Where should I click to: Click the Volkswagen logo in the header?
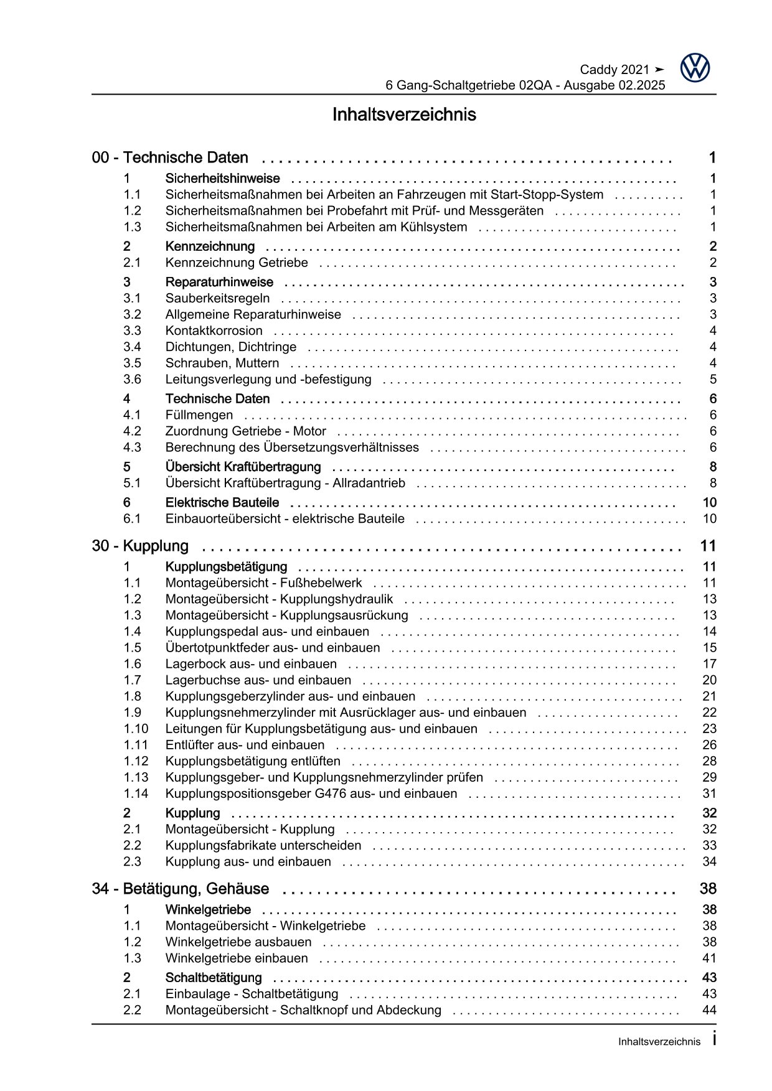point(695,67)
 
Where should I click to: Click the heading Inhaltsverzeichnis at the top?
point(404,115)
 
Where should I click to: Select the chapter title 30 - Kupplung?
point(140,546)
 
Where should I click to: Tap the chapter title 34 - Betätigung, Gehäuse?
point(181,889)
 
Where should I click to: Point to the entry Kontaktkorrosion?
point(214,331)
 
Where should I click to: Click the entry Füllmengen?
point(199,415)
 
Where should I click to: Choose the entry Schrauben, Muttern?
point(222,363)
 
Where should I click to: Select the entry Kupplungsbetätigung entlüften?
point(253,761)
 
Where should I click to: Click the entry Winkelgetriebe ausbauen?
point(238,942)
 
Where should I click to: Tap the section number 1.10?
point(136,729)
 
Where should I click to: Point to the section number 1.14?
point(136,794)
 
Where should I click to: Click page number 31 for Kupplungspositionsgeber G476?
point(709,794)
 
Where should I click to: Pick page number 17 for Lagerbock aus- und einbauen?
point(709,664)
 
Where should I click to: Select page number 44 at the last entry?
point(709,1010)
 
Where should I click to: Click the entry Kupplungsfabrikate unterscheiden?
point(263,846)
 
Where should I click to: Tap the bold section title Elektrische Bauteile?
point(222,503)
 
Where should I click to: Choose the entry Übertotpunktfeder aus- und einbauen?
point(273,648)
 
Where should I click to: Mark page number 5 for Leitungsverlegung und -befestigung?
point(713,380)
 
